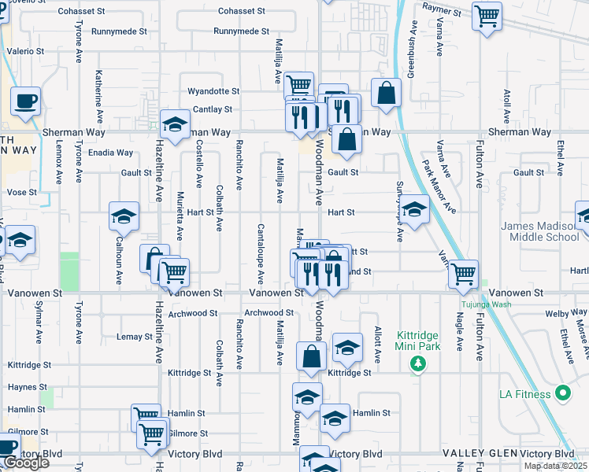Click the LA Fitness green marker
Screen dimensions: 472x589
pyautogui.click(x=562, y=393)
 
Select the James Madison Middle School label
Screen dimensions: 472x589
pyautogui.click(x=540, y=231)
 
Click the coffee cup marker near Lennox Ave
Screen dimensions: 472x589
pyautogui.click(x=25, y=101)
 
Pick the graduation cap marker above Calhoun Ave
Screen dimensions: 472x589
pyautogui.click(x=124, y=216)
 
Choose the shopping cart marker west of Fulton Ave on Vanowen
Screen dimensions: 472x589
pyautogui.click(x=463, y=274)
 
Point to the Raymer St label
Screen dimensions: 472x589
pyautogui.click(x=441, y=9)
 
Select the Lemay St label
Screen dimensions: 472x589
pyautogui.click(x=134, y=337)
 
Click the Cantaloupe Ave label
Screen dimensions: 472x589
pyautogui.click(x=260, y=254)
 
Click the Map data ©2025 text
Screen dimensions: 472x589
pyautogui.click(x=555, y=466)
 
